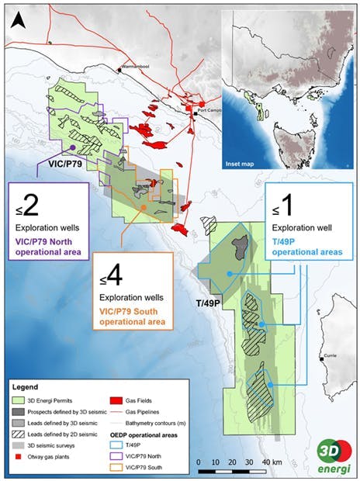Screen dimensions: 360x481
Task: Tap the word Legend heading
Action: coord(33,384)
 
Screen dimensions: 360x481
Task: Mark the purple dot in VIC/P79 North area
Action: coord(71,147)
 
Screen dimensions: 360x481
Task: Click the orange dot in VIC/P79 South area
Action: coord(144,207)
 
